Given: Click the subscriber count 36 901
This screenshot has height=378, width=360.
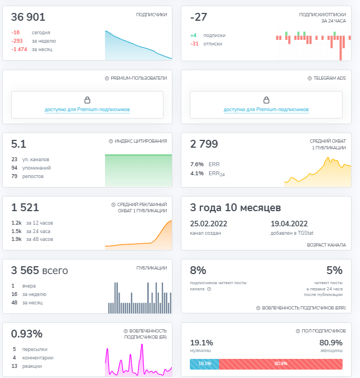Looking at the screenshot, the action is pos(28,17).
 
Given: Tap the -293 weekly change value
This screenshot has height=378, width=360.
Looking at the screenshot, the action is pos(17,41).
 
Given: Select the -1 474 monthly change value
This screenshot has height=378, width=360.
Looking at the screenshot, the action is pos(19,49).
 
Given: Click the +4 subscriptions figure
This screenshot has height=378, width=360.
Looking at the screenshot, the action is pos(193,35).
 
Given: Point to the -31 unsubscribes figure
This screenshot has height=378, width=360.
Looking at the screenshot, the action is pos(194,44).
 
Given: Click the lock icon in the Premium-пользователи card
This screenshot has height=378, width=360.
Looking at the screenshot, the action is pos(87,100).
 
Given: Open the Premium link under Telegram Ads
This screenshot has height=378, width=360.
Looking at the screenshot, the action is pos(266,110).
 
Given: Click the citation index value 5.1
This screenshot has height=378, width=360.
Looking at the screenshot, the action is pos(19,144).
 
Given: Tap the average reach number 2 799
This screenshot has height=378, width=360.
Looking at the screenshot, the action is pos(204,144).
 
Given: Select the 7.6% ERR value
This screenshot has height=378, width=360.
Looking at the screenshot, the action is pos(197,165).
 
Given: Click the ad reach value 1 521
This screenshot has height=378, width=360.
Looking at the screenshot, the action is pos(25,208).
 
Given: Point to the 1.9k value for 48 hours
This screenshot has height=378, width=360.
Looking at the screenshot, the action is pos(16,239).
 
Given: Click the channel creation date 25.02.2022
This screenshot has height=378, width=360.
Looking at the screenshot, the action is pos(208,224).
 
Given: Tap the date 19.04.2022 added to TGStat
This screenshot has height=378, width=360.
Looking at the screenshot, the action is pos(289,224).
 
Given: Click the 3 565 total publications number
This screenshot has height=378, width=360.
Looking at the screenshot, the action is pos(25,271).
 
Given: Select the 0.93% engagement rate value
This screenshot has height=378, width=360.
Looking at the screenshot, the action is pos(27,334).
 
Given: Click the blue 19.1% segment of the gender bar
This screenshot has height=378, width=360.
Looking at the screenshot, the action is pos(204,364).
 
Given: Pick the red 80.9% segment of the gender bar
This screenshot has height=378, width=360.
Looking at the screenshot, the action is pos(281,364).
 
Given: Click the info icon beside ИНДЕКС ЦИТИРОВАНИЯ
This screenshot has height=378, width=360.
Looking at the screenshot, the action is pos(111,142).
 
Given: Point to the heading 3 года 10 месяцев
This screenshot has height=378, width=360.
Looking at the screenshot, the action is pos(235,208).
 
